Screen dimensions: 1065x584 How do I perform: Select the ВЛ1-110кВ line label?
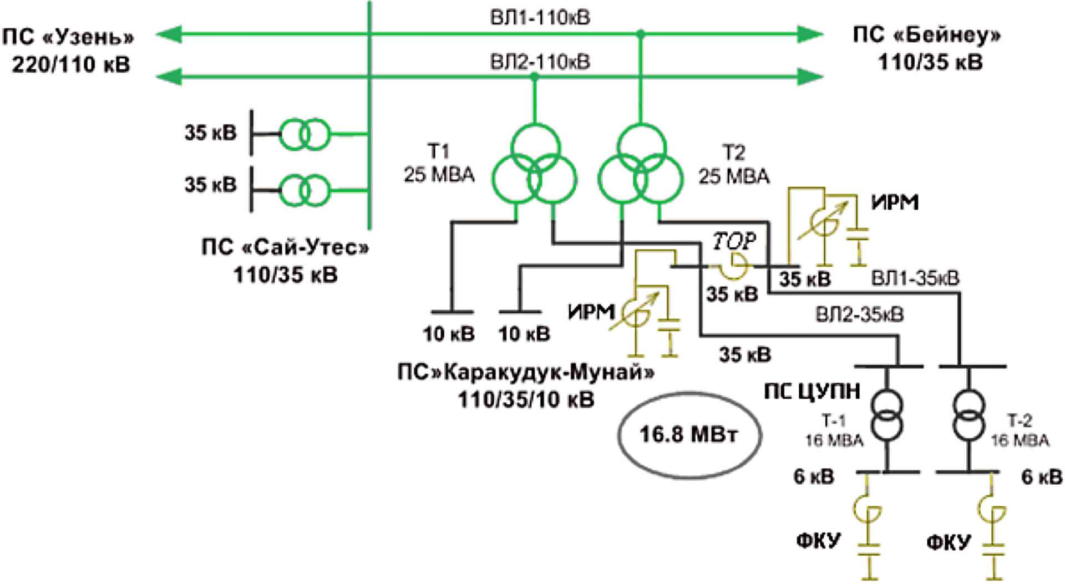coord(540,17)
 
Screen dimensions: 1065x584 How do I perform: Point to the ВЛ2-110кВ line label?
coord(540,62)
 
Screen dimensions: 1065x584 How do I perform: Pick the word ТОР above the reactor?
coord(734,241)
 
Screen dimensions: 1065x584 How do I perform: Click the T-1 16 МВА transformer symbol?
coord(886,415)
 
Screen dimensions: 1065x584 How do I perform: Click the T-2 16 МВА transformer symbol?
coord(969,415)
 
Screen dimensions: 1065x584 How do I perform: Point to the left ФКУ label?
coord(818,540)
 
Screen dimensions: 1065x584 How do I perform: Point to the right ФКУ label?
coord(949,541)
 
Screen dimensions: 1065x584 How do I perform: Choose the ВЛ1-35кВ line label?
coord(915,278)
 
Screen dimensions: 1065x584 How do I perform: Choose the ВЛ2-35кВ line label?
coord(860,315)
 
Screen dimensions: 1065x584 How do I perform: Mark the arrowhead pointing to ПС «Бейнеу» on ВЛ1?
coord(809,34)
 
